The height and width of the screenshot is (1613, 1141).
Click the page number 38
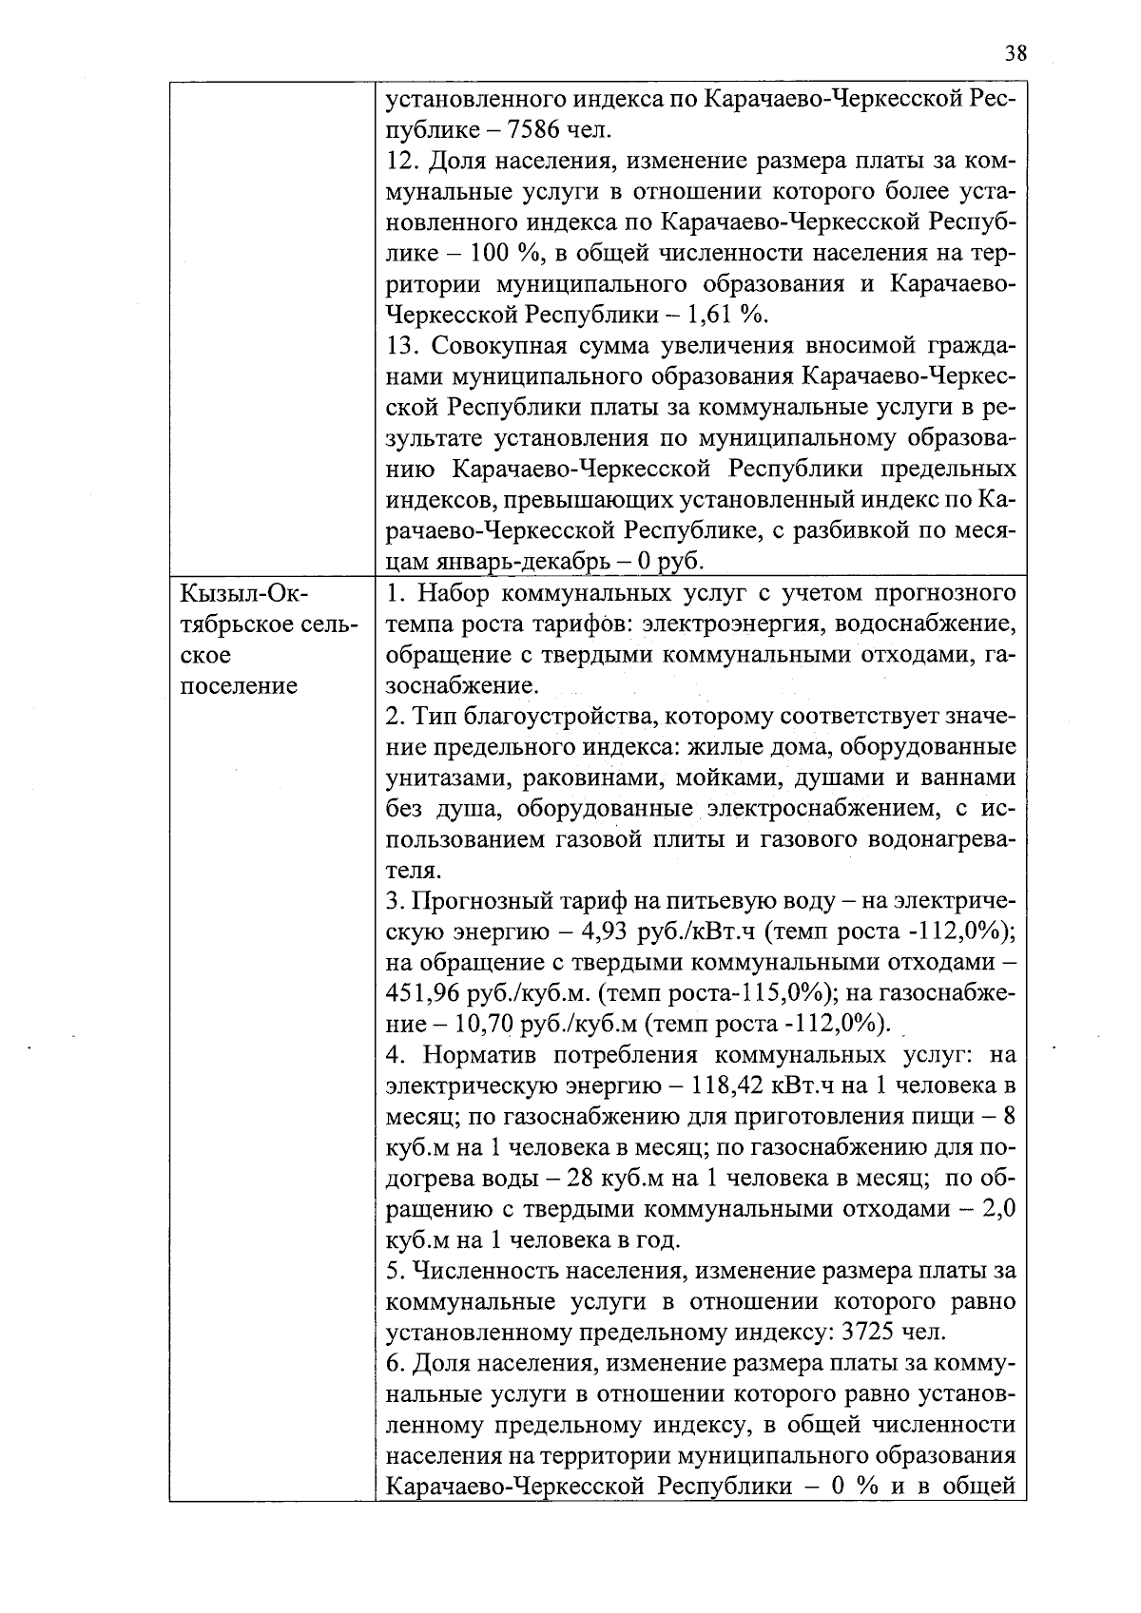point(1015,53)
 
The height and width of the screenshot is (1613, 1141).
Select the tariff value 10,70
point(485,1024)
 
